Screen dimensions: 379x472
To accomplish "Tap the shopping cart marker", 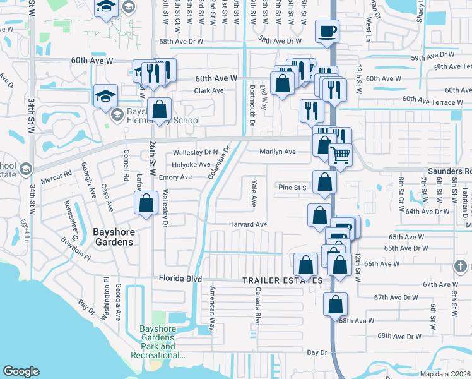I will point(341,154).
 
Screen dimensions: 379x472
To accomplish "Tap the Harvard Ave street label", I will point(248,224).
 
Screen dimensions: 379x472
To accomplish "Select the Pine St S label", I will point(293,188).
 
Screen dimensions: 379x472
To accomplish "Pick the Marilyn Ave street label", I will point(278,152).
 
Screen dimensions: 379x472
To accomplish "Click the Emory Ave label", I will point(175,177).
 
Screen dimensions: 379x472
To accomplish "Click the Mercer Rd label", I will point(59,172).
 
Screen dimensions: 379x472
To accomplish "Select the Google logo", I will point(21,371).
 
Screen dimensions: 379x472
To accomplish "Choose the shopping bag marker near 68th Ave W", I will point(335,304).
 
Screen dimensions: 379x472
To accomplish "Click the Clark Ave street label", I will point(209,91).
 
